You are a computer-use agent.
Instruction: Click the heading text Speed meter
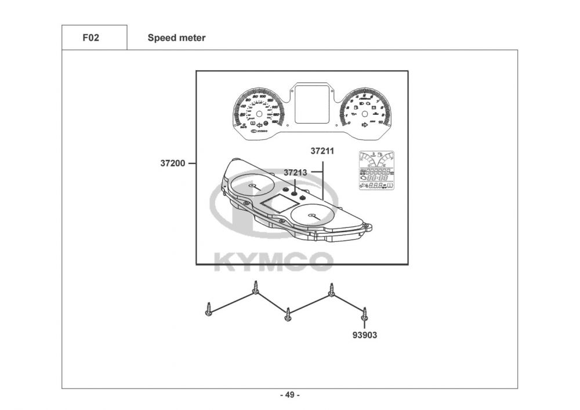pos(176,38)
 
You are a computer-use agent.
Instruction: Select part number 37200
pos(172,164)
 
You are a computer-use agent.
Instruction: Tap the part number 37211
pos(322,151)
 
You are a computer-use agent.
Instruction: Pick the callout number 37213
pos(295,172)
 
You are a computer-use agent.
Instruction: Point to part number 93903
pos(364,335)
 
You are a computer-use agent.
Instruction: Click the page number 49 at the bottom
pos(290,396)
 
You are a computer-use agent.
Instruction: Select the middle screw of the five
pos(288,315)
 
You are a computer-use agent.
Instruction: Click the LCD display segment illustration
pos(376,170)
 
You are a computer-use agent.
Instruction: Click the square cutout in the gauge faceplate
pos(315,104)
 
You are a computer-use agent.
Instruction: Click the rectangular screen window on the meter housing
pos(277,202)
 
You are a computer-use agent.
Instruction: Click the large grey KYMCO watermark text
pos(274,262)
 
